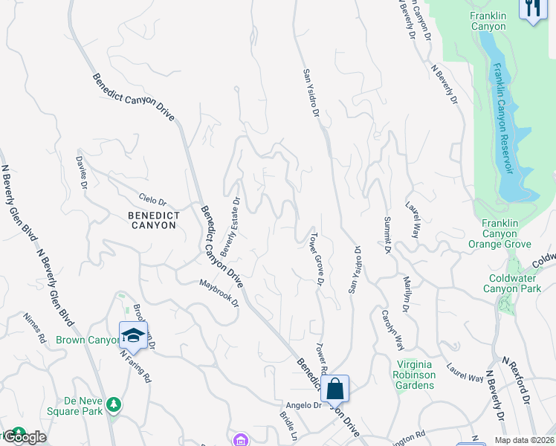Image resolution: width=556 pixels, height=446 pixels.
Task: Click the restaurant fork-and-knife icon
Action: (x=533, y=9)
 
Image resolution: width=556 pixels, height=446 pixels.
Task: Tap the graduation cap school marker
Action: (x=133, y=335)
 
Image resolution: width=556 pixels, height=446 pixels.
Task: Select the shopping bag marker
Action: (x=334, y=388)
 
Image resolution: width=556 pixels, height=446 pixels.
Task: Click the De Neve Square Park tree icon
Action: (x=114, y=404)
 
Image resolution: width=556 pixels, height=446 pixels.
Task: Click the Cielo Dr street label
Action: (x=152, y=201)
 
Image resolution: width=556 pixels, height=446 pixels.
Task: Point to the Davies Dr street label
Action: (x=82, y=172)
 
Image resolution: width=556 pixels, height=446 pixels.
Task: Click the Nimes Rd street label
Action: (x=34, y=325)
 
